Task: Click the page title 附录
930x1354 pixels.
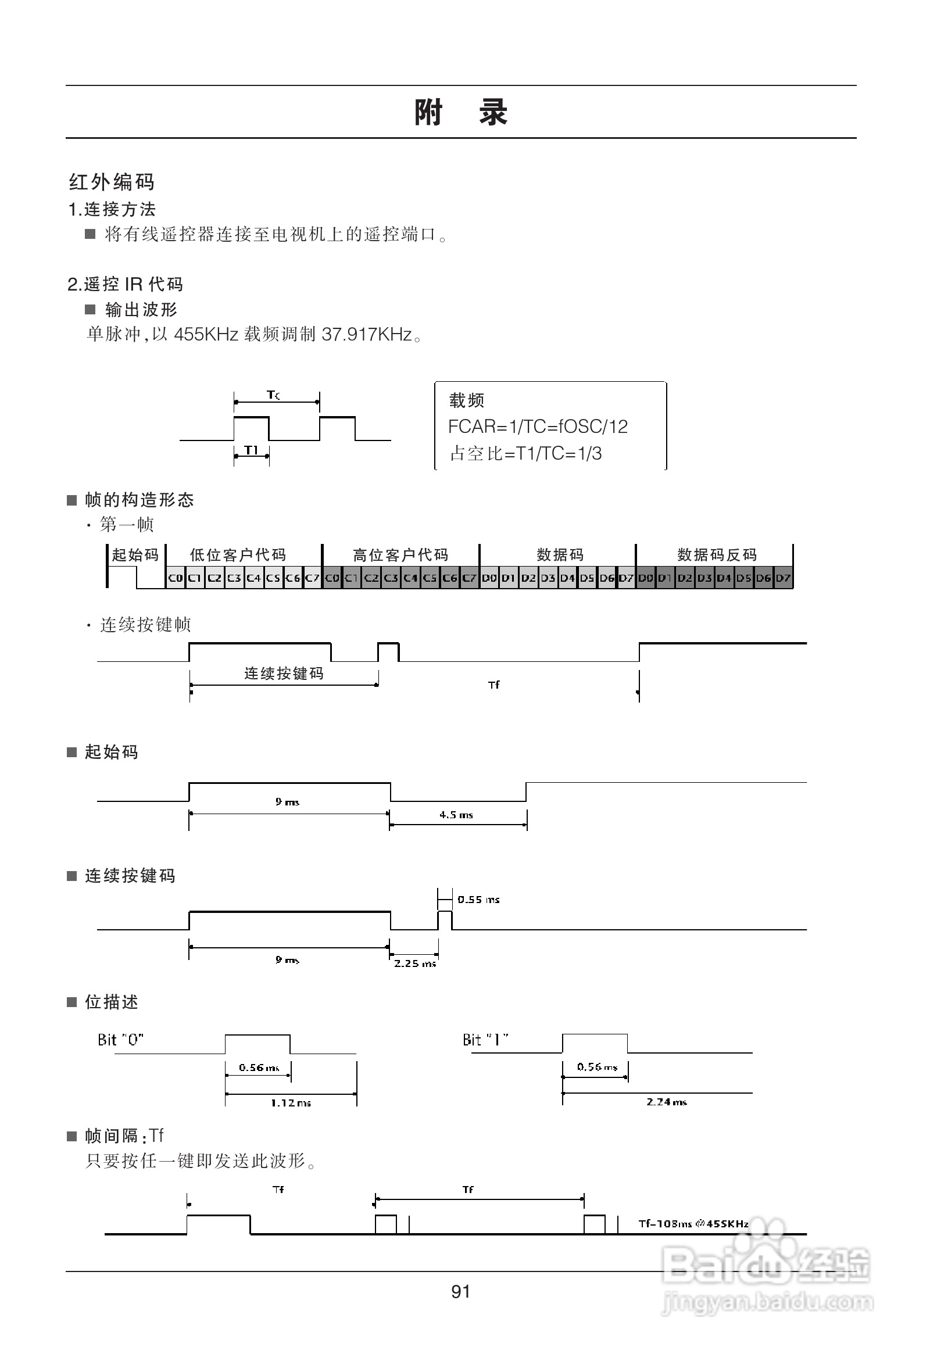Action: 460,112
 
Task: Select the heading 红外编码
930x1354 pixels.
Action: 112,182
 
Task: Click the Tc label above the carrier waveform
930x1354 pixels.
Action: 273,395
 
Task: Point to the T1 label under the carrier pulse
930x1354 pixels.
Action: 251,450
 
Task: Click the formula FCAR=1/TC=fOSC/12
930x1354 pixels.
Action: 537,427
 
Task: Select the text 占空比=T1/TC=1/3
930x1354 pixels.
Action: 525,453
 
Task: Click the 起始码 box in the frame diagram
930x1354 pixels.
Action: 135,554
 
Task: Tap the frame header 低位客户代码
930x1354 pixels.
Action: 238,554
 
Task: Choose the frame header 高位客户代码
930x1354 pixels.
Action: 400,554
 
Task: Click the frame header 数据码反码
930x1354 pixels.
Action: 717,554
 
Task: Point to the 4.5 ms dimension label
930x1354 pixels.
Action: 456,815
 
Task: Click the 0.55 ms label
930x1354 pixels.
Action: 478,900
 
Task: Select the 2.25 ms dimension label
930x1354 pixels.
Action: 415,963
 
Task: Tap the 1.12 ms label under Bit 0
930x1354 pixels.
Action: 291,1103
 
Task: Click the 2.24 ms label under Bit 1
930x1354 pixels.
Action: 667,1102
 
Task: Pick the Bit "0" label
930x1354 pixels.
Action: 121,1040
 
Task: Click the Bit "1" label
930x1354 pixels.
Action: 485,1040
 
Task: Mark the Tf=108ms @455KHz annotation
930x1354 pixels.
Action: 693,1224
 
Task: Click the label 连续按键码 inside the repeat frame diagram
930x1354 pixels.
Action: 284,674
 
